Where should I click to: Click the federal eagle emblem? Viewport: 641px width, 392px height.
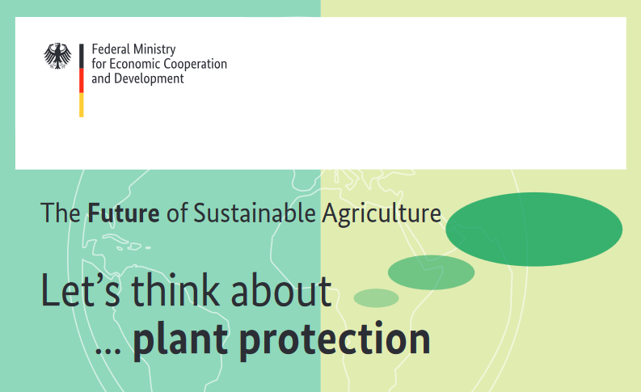point(57,56)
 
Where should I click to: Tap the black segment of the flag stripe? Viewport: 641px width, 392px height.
point(82,56)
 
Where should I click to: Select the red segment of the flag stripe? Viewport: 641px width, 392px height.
point(82,81)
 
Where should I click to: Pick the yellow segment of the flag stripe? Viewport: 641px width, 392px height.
point(82,105)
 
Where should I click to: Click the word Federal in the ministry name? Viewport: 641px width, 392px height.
point(110,49)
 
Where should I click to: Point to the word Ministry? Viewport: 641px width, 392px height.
point(154,50)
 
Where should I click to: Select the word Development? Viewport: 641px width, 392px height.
point(149,79)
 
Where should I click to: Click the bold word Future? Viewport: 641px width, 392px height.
point(124,213)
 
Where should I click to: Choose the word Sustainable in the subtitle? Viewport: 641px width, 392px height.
point(255,213)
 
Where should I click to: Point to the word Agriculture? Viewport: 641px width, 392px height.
point(382,213)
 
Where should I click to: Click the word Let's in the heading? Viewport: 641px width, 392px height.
point(81,290)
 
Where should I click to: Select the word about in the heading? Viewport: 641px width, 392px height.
point(281,291)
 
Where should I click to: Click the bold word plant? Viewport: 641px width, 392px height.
point(180,339)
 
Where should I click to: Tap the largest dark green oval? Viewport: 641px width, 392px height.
point(533,230)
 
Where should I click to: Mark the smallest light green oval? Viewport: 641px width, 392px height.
point(376,298)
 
